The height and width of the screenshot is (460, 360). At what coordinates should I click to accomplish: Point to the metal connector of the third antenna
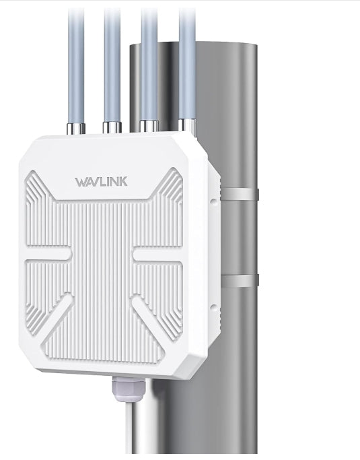click(x=149, y=125)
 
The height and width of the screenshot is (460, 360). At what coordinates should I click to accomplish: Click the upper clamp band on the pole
click(x=239, y=195)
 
